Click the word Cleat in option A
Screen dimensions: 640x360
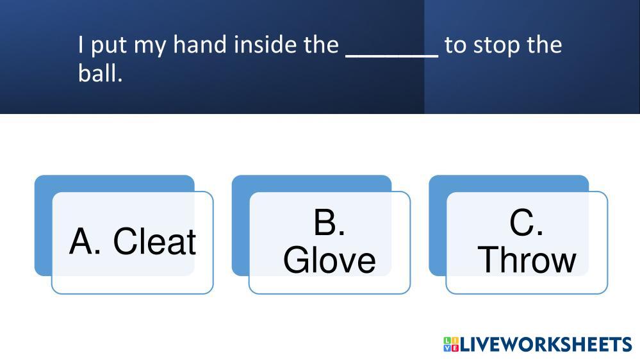pos(154,241)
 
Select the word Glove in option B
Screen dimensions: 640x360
pos(329,260)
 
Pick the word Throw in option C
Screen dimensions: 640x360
pos(527,260)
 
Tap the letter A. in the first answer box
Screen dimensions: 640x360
pos(85,241)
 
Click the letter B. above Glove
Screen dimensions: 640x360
pos(329,222)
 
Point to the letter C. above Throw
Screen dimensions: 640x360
pos(526,222)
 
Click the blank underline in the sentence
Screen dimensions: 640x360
pos(392,56)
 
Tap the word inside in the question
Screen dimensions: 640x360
pos(266,44)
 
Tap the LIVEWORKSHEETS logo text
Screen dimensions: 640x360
pos(546,345)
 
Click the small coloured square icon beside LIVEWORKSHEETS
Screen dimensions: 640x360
pos(451,345)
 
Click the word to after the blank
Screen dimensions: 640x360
pos(455,45)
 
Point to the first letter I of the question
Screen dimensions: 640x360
pos(81,44)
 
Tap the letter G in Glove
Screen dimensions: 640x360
pos(295,260)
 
